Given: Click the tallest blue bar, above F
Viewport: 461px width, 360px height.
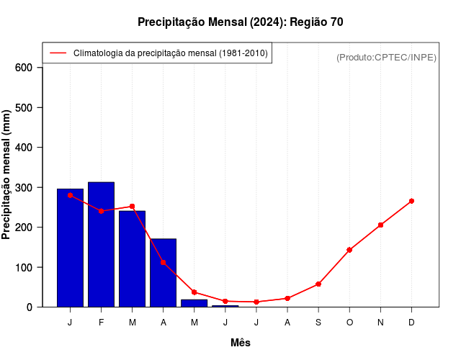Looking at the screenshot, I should pyautogui.click(x=101, y=244).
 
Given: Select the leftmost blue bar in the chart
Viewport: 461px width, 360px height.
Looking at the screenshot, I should pyautogui.click(x=70, y=248).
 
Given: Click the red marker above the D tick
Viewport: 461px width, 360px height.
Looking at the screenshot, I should pyautogui.click(x=411, y=201).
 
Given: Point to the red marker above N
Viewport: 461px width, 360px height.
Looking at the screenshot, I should pyautogui.click(x=380, y=225).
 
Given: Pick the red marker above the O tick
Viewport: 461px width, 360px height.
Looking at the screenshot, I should pyautogui.click(x=349, y=250).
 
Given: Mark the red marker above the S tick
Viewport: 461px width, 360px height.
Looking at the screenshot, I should pyautogui.click(x=318, y=284).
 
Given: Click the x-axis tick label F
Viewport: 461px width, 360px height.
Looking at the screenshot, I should pyautogui.click(x=101, y=322).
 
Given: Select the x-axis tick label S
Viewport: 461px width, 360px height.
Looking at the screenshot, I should pyautogui.click(x=318, y=322).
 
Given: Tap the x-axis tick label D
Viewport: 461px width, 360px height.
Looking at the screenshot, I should pyautogui.click(x=411, y=322).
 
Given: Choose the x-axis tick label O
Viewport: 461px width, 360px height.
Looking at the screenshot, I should pyautogui.click(x=349, y=322).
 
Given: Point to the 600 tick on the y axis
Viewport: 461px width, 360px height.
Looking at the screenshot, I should pyautogui.click(x=24, y=68).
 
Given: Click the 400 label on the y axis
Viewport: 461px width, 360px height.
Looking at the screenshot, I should pyautogui.click(x=24, y=148).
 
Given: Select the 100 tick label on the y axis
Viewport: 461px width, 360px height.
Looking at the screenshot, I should pyautogui.click(x=24, y=267).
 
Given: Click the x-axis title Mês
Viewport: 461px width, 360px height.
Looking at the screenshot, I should pyautogui.click(x=241, y=343).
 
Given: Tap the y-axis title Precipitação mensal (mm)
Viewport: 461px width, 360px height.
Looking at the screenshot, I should pyautogui.click(x=7, y=174).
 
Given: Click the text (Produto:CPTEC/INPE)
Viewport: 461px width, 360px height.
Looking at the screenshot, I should pyautogui.click(x=386, y=57).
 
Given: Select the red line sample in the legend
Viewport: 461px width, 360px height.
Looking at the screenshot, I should pyautogui.click(x=58, y=53).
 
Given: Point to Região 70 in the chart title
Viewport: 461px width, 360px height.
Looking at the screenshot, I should pyautogui.click(x=316, y=22).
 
